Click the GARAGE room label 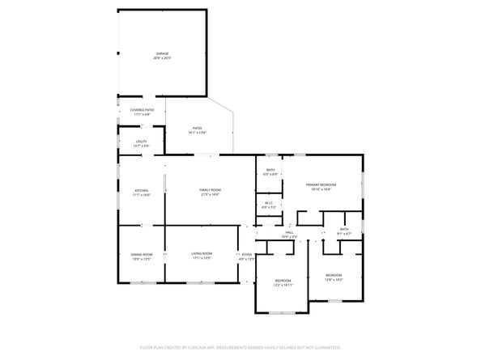[x=163, y=53]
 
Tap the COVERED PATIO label [x=142, y=109]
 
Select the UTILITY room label [x=141, y=141]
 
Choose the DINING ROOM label [x=142, y=254]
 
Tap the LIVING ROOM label [x=202, y=254]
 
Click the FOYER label [x=247, y=254]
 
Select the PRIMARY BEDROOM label [x=321, y=185]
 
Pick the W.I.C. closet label [x=270, y=203]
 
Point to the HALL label [x=289, y=232]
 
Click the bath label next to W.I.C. [x=270, y=170]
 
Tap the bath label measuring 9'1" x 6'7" [x=344, y=229]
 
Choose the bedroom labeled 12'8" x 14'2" [x=334, y=275]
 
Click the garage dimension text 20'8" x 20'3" [x=163, y=58]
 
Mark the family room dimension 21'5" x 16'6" [x=211, y=194]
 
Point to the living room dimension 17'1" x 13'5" [x=202, y=259]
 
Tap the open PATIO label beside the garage [x=197, y=128]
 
